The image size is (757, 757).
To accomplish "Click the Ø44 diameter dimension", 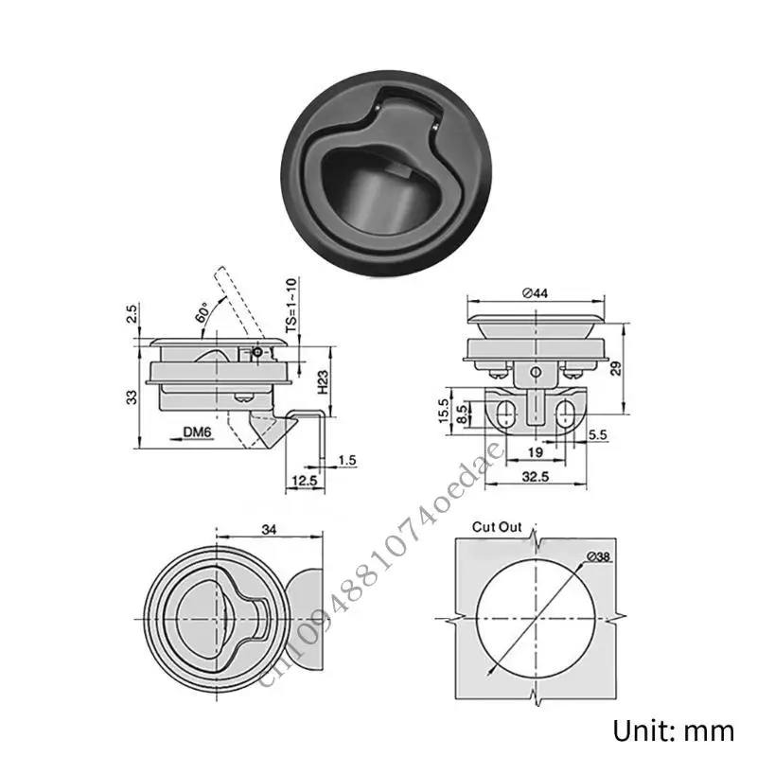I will tap(535, 292).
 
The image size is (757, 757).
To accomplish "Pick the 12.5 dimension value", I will tap(303, 483).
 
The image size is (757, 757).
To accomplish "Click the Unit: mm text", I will tap(675, 731).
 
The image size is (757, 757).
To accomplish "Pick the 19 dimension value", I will tap(536, 452).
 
